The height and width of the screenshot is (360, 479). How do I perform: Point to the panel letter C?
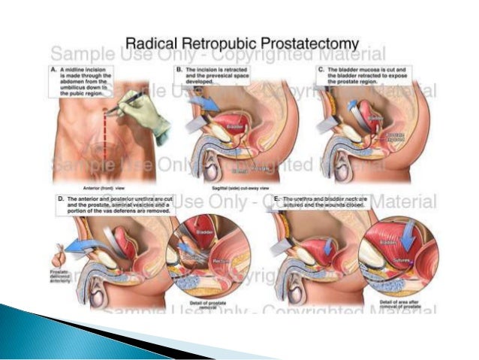[321, 68]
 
